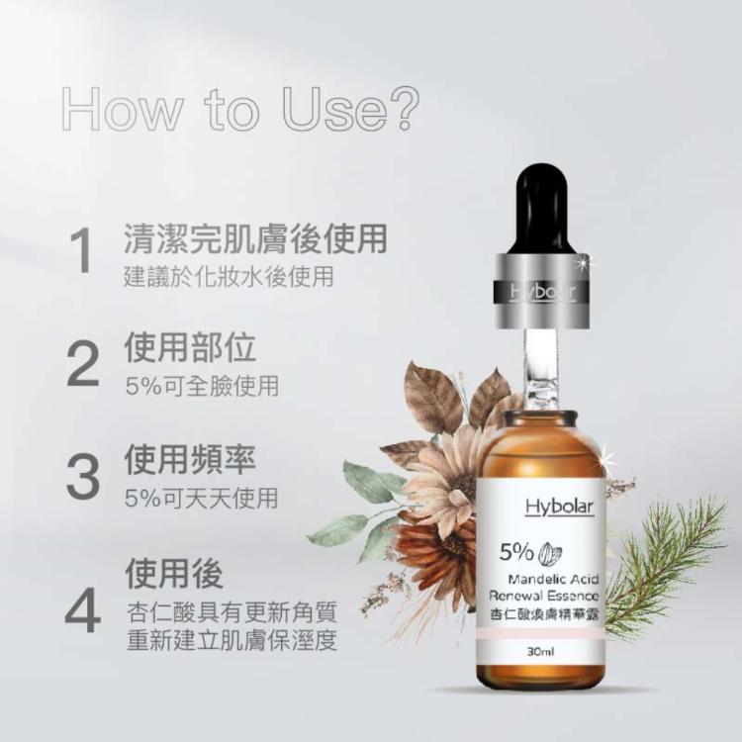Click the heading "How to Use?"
point(238,110)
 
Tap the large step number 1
point(83,252)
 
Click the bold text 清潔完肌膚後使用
point(254,238)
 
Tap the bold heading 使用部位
point(190,348)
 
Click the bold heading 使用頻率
point(190,459)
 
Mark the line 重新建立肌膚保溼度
point(232,641)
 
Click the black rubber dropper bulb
point(540,208)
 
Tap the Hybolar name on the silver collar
point(541,293)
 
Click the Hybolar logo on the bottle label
point(559,507)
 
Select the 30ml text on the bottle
point(540,653)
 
